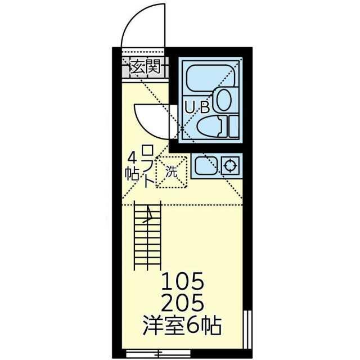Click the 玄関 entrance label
tap(145, 67)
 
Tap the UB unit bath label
tap(197, 107)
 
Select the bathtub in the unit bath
tap(210, 79)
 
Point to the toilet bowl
tap(209, 127)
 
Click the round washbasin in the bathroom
tap(224, 100)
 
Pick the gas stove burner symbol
tap(229, 165)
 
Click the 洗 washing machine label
tap(172, 172)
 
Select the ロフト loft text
tap(147, 166)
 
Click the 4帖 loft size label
tap(132, 166)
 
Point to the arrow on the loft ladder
tap(148, 215)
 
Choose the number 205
tap(182, 302)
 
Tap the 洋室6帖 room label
tap(182, 325)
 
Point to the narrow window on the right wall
tap(247, 329)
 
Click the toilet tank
tap(233, 127)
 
